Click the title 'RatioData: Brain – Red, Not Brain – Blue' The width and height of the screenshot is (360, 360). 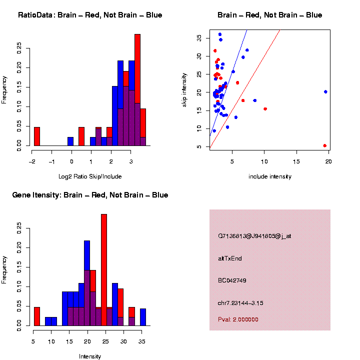tap(90, 15)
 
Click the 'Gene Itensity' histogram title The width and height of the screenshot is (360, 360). tap(90, 195)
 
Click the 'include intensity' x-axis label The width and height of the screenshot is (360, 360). tap(270, 176)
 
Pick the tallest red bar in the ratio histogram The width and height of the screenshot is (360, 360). tap(137, 90)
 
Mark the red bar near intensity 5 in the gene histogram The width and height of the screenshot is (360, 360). tap(36, 316)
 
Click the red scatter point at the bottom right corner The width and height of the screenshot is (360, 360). tap(325, 145)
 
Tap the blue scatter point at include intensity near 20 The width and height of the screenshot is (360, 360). tap(325, 92)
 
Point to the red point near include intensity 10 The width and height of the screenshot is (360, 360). tap(265, 108)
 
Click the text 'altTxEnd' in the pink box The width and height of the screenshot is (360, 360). tap(230, 258)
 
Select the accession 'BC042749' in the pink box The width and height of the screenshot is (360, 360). tap(232, 280)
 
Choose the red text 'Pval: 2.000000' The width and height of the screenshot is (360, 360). tap(238, 319)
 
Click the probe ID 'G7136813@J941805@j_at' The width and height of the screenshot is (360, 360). tap(254, 236)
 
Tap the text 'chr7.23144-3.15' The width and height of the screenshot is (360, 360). tap(240, 303)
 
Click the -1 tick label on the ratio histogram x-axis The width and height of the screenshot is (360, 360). tap(51, 161)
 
